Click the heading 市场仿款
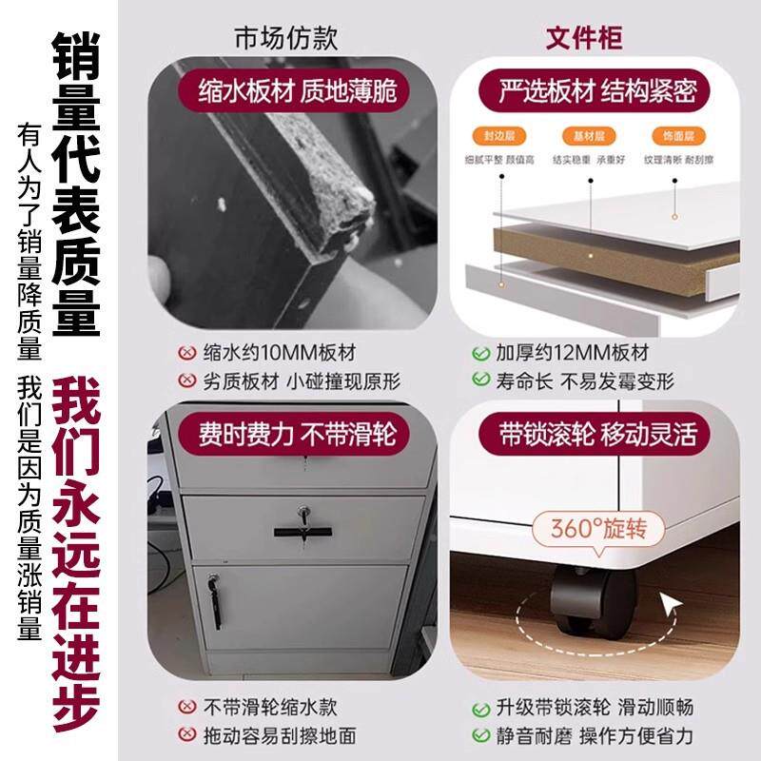tap(286, 39)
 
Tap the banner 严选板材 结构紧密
tap(598, 91)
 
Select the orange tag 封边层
tap(492, 136)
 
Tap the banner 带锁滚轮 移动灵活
tap(598, 434)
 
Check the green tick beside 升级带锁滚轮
tap(481, 708)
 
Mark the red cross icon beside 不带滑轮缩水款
tap(187, 708)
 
